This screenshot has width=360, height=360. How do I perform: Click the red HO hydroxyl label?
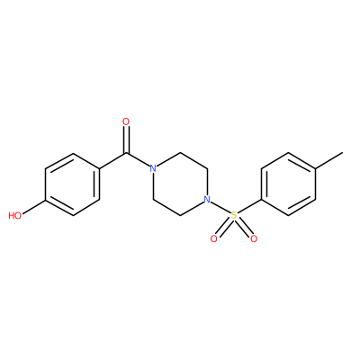pos(15,215)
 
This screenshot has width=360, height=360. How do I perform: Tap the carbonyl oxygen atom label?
pos(126,121)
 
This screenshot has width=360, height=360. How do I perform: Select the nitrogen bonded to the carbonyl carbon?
pos(153,168)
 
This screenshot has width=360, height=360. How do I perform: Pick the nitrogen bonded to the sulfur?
pos(206,200)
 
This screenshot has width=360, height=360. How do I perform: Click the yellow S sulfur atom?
pos(234,215)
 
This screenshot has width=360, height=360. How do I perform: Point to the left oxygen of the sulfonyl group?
pos(214,238)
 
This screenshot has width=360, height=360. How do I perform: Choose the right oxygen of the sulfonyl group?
pos(254,238)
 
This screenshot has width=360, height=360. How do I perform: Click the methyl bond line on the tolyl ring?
pos(328,160)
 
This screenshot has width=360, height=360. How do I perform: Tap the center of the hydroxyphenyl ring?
pos(72,184)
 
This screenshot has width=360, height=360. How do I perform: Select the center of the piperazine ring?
pos(180,184)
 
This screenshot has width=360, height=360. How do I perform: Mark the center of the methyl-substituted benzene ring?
pos(288,184)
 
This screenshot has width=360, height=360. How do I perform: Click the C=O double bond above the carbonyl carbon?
pos(126,140)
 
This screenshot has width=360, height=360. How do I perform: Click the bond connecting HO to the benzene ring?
pos(33,206)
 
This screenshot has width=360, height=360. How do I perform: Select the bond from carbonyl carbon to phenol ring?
pos(112,161)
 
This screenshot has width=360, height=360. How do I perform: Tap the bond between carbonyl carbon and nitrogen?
pos(138,160)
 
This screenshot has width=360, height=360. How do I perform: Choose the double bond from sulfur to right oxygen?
pos(243,227)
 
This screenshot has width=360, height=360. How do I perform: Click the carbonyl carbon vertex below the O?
pos(126,154)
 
